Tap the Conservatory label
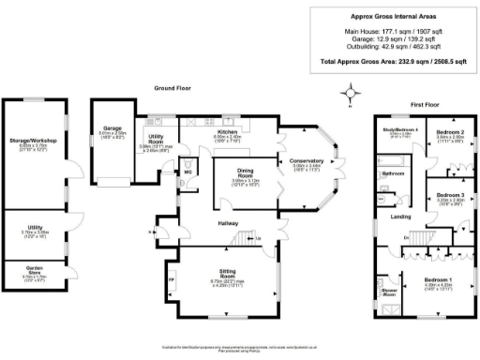(306, 161)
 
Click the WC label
(187, 172)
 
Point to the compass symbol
(351, 92)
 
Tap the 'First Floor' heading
(425, 105)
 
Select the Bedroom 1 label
(438, 280)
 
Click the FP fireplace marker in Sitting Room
(171, 279)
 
